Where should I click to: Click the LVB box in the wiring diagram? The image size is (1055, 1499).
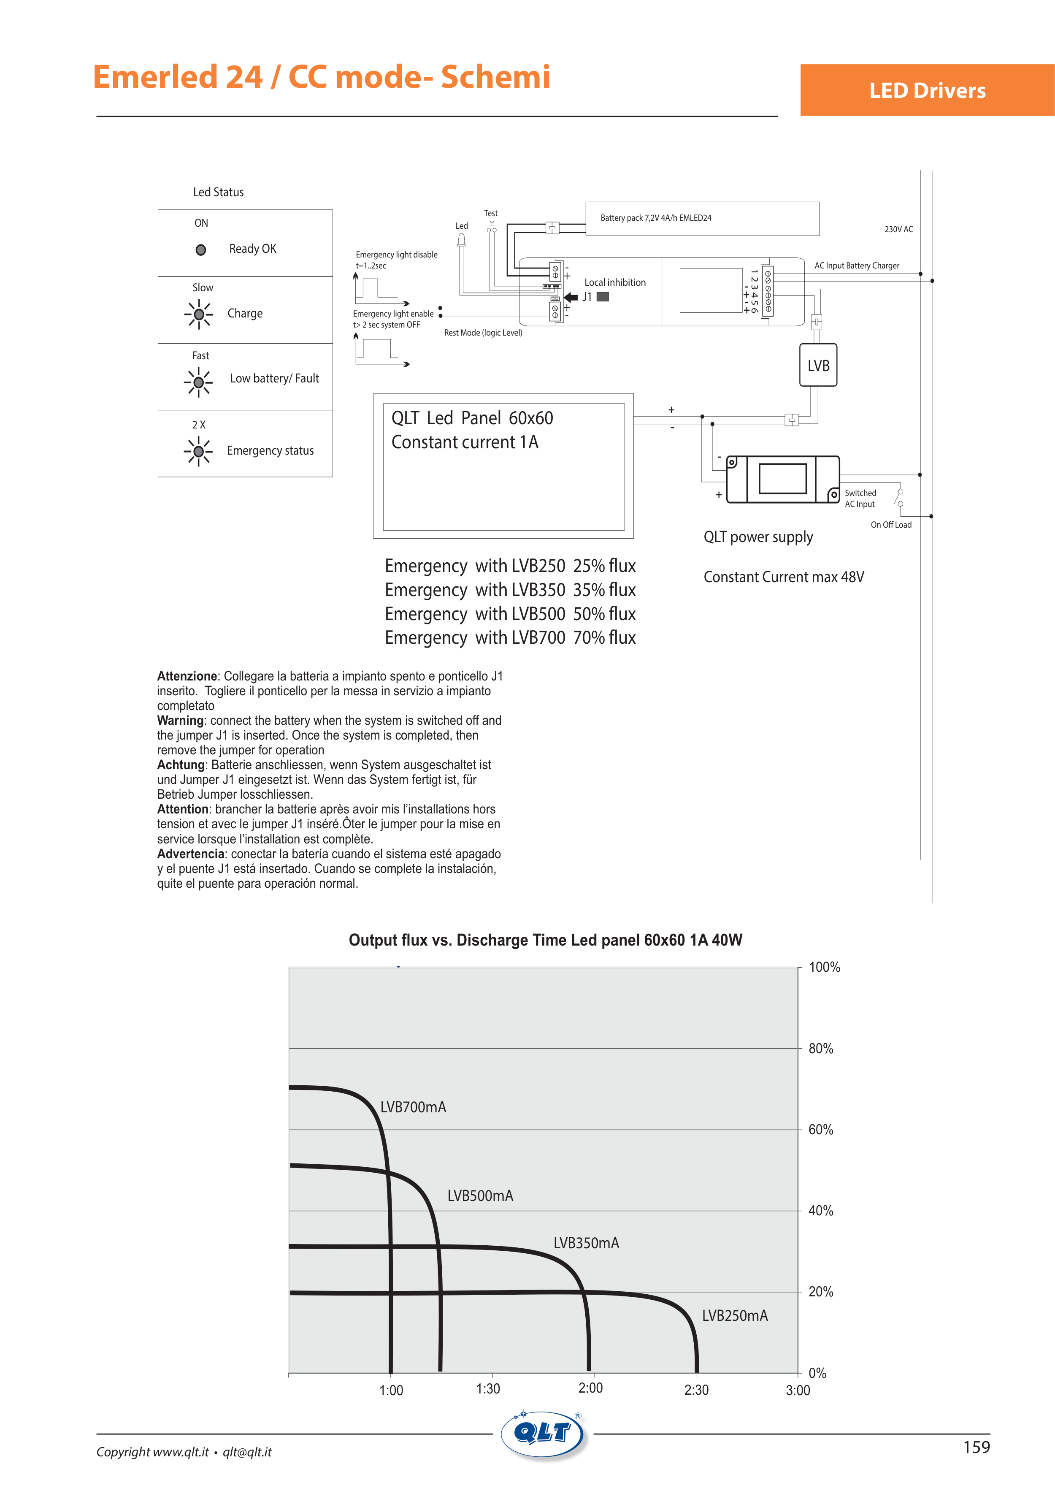(818, 366)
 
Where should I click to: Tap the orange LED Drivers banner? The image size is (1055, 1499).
(927, 90)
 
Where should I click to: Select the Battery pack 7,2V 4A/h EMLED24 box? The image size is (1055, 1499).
(702, 218)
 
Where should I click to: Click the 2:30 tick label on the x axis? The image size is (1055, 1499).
(696, 1390)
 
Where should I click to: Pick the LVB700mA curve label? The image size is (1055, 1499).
(413, 1107)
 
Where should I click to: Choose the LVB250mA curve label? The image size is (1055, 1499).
(734, 1315)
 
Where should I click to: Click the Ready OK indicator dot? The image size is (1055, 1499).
(201, 249)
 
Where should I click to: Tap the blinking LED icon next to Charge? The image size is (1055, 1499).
(198, 314)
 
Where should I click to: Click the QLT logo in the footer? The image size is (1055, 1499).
(543, 1434)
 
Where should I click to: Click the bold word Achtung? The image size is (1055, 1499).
(181, 764)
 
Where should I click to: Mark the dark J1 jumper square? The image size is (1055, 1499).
(603, 297)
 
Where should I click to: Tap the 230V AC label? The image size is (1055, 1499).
(898, 229)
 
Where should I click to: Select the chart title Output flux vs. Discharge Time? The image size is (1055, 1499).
(545, 940)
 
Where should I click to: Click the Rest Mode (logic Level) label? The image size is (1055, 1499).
(483, 333)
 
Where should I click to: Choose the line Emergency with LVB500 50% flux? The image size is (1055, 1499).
(510, 614)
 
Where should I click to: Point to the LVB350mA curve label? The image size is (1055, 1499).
(586, 1243)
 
